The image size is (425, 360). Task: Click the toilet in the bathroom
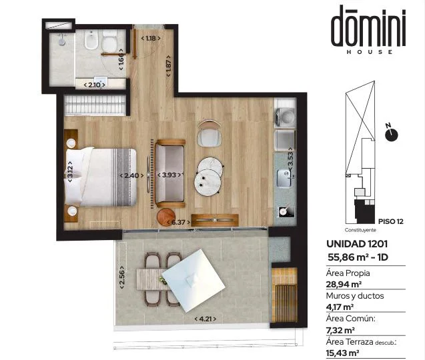pos(109,41)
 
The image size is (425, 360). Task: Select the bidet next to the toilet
pos(91,40)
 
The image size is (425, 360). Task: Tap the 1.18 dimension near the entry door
pos(151,39)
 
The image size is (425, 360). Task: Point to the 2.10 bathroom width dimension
pos(94,85)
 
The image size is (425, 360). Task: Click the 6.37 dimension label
pos(177,223)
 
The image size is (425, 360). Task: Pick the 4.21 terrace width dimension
pos(205,319)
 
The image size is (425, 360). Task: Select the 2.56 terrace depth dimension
pos(121,277)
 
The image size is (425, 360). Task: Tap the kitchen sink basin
pos(284,178)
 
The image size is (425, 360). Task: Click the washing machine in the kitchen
pos(285,117)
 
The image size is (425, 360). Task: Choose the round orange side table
pos(166,217)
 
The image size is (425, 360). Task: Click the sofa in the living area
pos(169,173)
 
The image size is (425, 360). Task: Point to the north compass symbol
pos(392,133)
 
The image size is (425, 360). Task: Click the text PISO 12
pos(391,221)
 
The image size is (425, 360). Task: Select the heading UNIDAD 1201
pos(357,244)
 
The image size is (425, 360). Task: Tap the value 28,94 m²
pos(344,285)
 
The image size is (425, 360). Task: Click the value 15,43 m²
pos(343,353)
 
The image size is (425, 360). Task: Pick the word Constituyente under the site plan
pos(360,230)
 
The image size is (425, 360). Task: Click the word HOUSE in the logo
pos(369,52)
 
